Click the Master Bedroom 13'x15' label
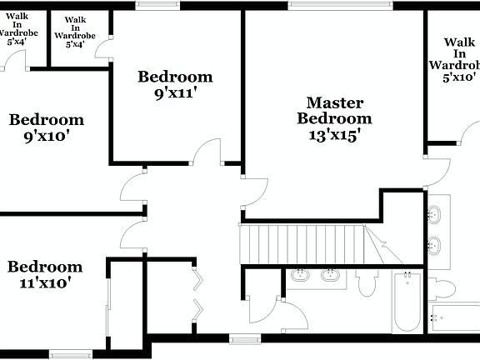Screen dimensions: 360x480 click(x=334, y=119)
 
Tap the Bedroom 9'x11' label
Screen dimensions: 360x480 click(x=175, y=84)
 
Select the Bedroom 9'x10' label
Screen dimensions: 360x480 click(x=47, y=127)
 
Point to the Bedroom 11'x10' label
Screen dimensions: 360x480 click(x=45, y=274)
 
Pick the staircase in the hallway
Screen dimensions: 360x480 click(x=303, y=244)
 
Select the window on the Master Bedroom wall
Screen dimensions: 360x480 click(x=340, y=5)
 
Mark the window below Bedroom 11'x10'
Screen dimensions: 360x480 click(x=71, y=354)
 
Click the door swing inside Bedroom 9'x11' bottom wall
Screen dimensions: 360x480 click(x=206, y=152)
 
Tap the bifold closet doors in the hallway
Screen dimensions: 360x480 click(x=197, y=295)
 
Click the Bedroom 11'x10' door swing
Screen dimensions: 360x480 click(x=133, y=235)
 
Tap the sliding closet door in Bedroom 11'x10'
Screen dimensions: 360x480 click(x=108, y=303)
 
